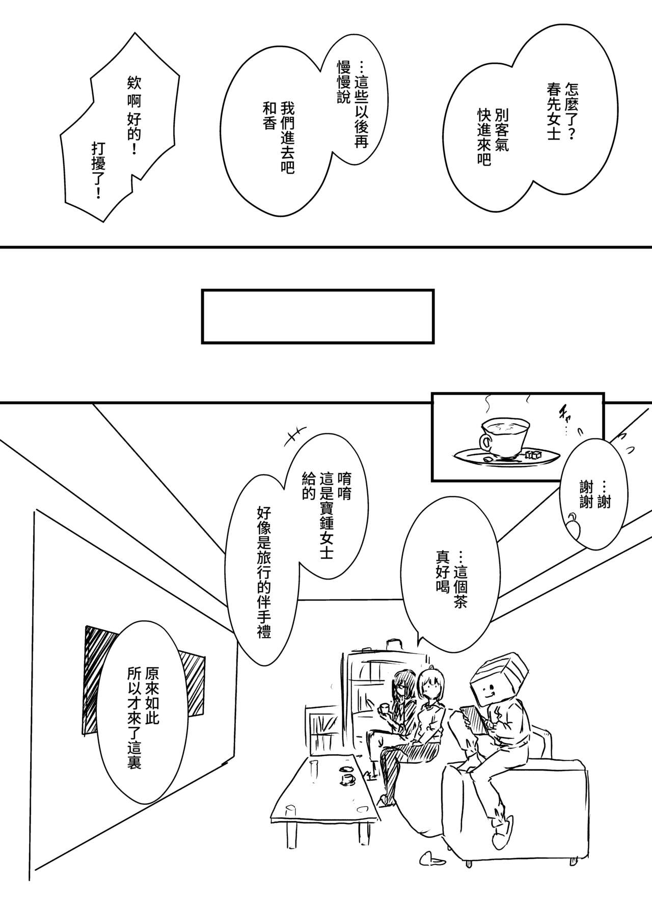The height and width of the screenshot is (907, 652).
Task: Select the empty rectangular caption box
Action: [x=318, y=316]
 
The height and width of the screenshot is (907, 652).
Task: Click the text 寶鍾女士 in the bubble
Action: [x=326, y=517]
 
